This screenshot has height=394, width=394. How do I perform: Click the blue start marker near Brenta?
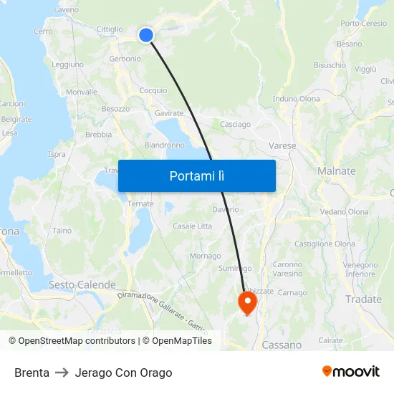coord(146,35)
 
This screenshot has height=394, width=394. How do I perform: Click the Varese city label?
coord(282,146)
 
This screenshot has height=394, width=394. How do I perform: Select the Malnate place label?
coord(336,171)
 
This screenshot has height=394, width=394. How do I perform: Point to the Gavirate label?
coord(169,113)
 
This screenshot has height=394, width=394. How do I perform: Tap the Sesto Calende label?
coord(82,285)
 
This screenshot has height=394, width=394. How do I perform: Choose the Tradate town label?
coord(363,299)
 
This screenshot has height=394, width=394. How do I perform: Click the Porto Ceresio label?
coord(364,24)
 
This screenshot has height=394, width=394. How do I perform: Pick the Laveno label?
coord(67,10)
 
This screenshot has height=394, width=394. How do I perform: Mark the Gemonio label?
coord(125,59)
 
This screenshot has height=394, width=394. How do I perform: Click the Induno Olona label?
coord(297,99)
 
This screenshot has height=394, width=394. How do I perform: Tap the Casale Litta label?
coord(192,226)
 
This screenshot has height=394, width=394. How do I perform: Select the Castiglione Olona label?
coord(325,244)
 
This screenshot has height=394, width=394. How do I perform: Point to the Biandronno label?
coord(164,145)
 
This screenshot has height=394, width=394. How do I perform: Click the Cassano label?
coord(282,345)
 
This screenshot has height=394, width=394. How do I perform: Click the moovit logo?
coord(351,372)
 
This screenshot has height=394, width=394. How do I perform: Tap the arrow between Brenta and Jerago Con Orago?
coord(62,373)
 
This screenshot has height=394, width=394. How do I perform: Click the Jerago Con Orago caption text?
coord(123,373)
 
